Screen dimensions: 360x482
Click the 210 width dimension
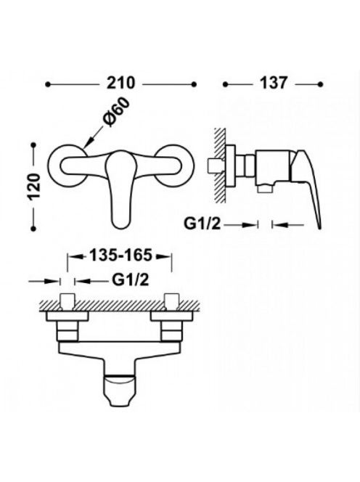click(120, 83)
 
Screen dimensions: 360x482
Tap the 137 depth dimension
click(274, 83)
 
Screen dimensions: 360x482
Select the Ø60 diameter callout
click(117, 110)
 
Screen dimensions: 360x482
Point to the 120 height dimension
click(34, 187)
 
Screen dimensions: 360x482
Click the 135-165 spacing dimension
click(120, 255)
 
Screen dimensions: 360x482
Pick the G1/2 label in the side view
click(202, 224)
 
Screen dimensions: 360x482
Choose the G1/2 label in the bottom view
click(131, 279)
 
